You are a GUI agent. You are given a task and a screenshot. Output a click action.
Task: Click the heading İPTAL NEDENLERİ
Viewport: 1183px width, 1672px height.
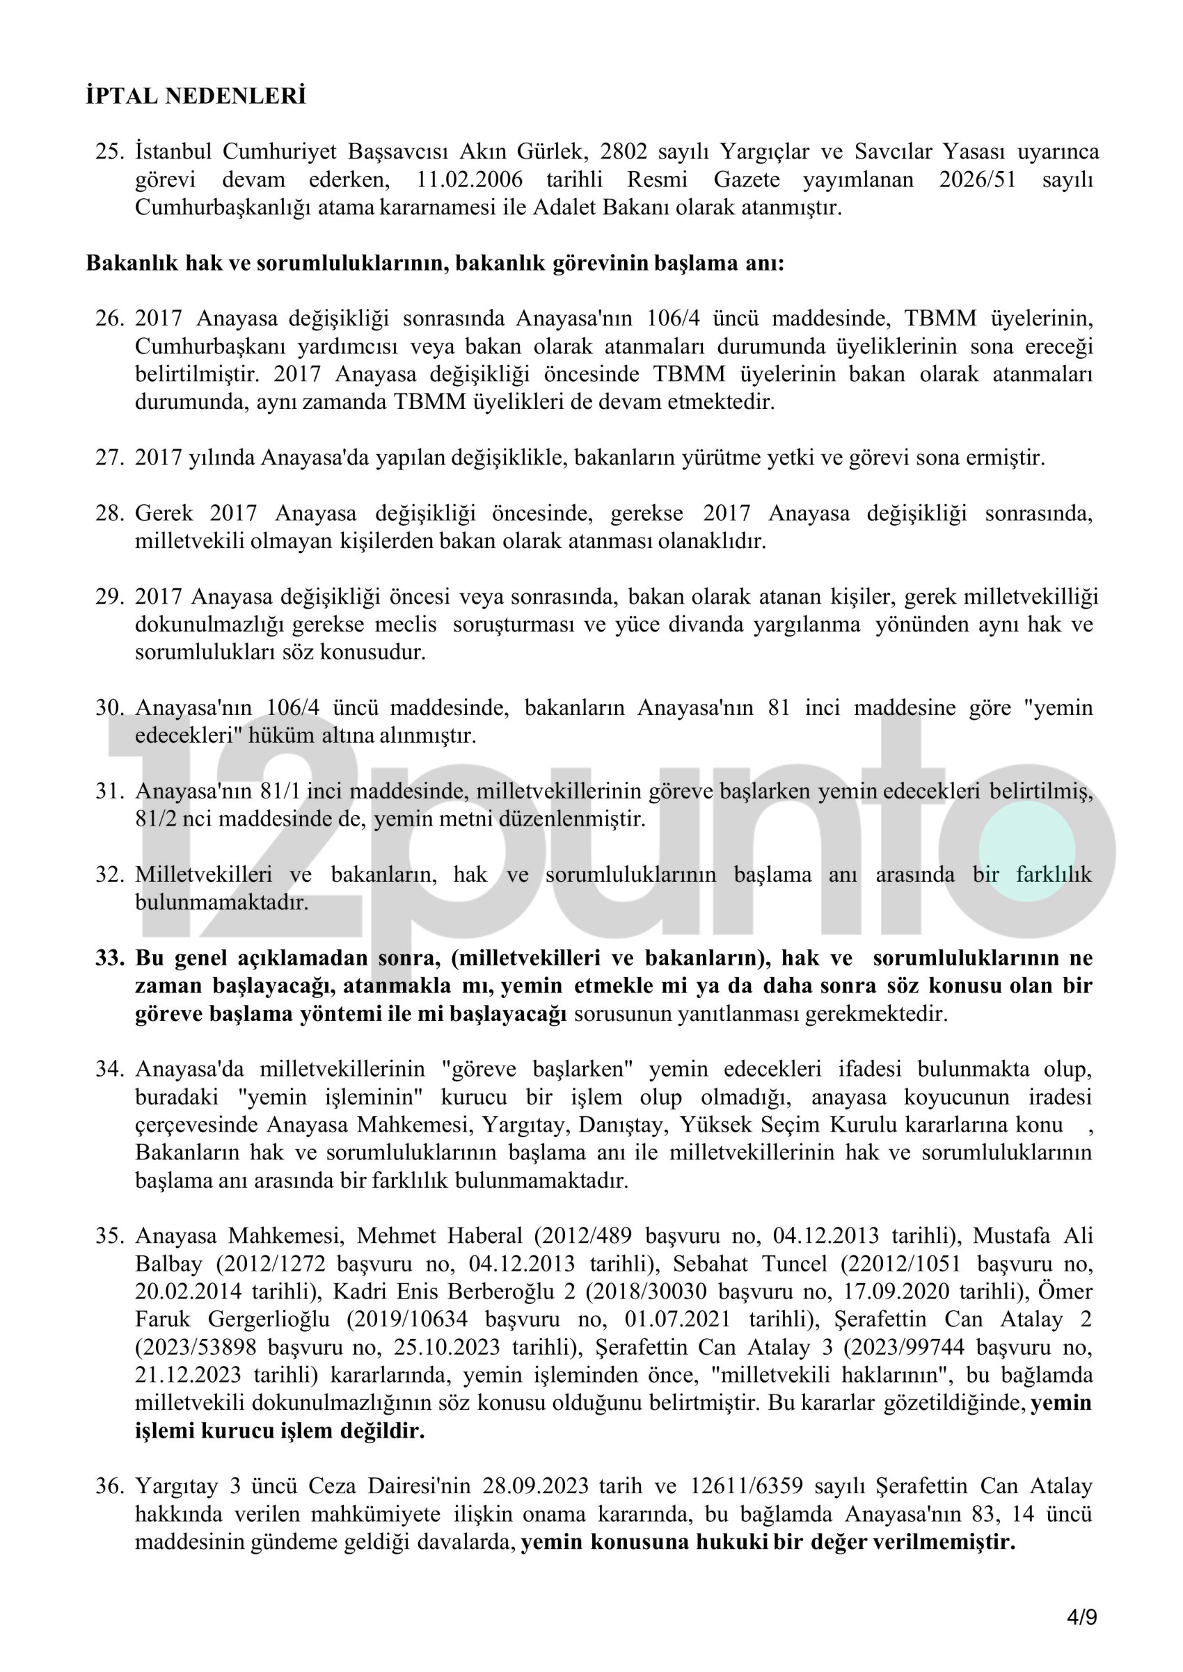(x=196, y=96)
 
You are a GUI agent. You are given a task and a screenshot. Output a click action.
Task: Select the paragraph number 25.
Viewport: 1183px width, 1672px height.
(x=109, y=152)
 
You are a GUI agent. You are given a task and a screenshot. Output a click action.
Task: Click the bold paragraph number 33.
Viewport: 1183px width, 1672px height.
(x=109, y=958)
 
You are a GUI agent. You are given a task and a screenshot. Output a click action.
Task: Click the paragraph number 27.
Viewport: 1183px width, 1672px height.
(x=109, y=458)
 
